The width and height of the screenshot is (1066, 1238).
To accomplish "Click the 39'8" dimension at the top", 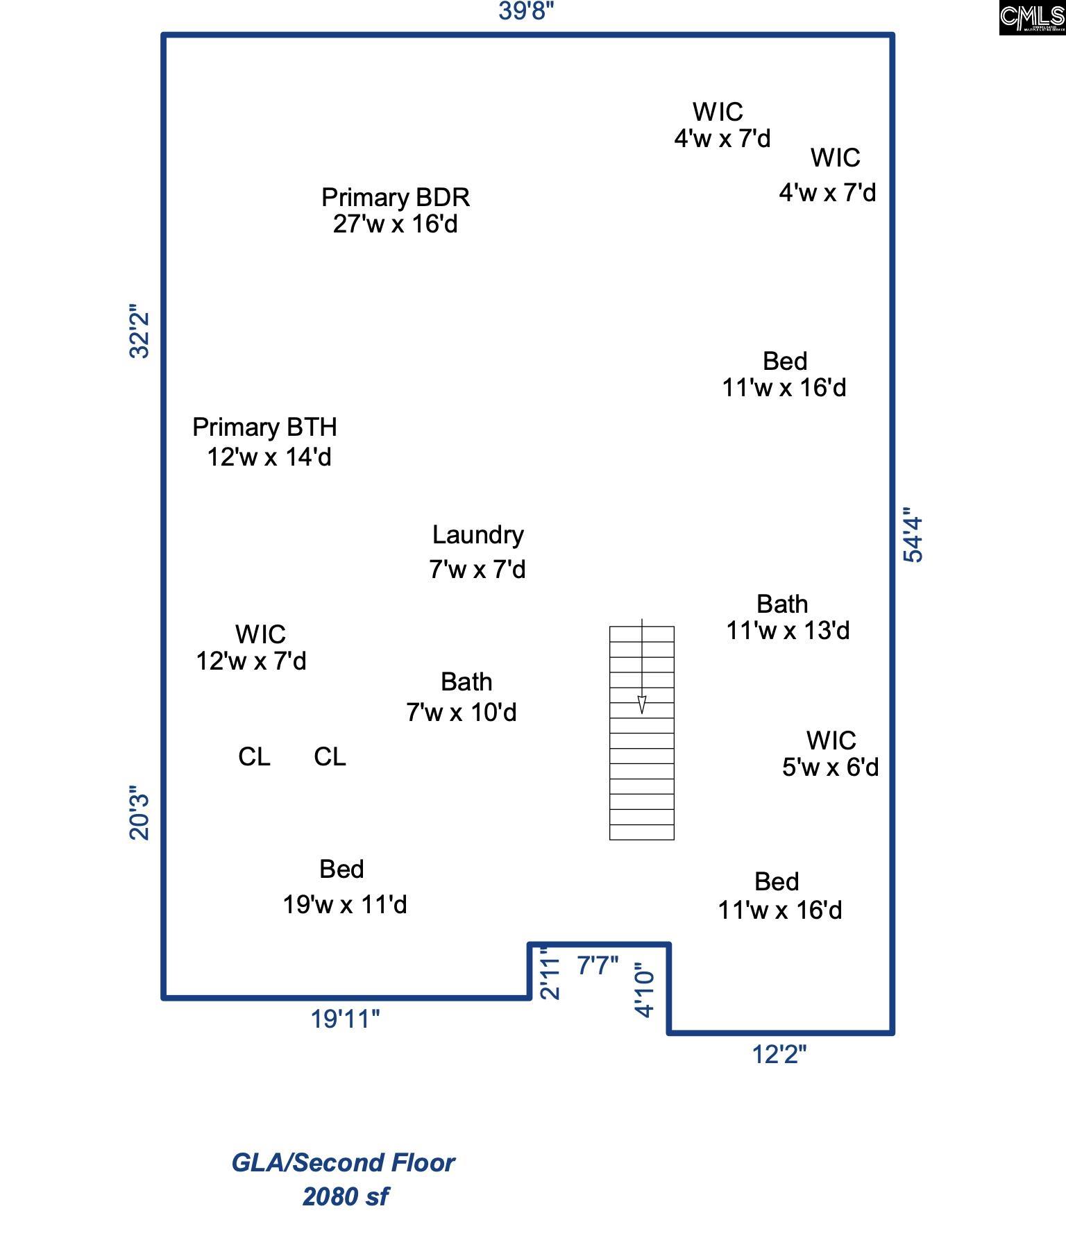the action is pyautogui.click(x=527, y=11).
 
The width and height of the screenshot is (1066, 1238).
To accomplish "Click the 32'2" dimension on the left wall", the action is pyautogui.click(x=139, y=331).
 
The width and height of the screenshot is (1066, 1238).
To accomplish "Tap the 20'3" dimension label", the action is pyautogui.click(x=139, y=813).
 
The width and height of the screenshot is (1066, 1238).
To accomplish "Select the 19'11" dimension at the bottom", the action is pyautogui.click(x=345, y=1019).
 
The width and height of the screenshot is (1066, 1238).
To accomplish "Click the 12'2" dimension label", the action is pyautogui.click(x=779, y=1054).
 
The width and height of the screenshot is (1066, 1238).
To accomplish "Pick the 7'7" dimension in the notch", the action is pyautogui.click(x=598, y=965).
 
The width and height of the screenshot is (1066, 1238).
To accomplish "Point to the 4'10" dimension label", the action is pyautogui.click(x=645, y=990).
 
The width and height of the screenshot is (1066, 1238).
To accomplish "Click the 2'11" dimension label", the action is pyautogui.click(x=550, y=973).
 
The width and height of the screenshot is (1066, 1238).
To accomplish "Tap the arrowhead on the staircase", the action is pyautogui.click(x=642, y=704).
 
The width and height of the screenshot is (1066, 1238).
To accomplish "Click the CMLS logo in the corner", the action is pyautogui.click(x=1032, y=18).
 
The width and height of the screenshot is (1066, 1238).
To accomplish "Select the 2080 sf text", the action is pyautogui.click(x=346, y=1196).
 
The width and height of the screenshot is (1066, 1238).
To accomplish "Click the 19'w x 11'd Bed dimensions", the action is pyautogui.click(x=345, y=904).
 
